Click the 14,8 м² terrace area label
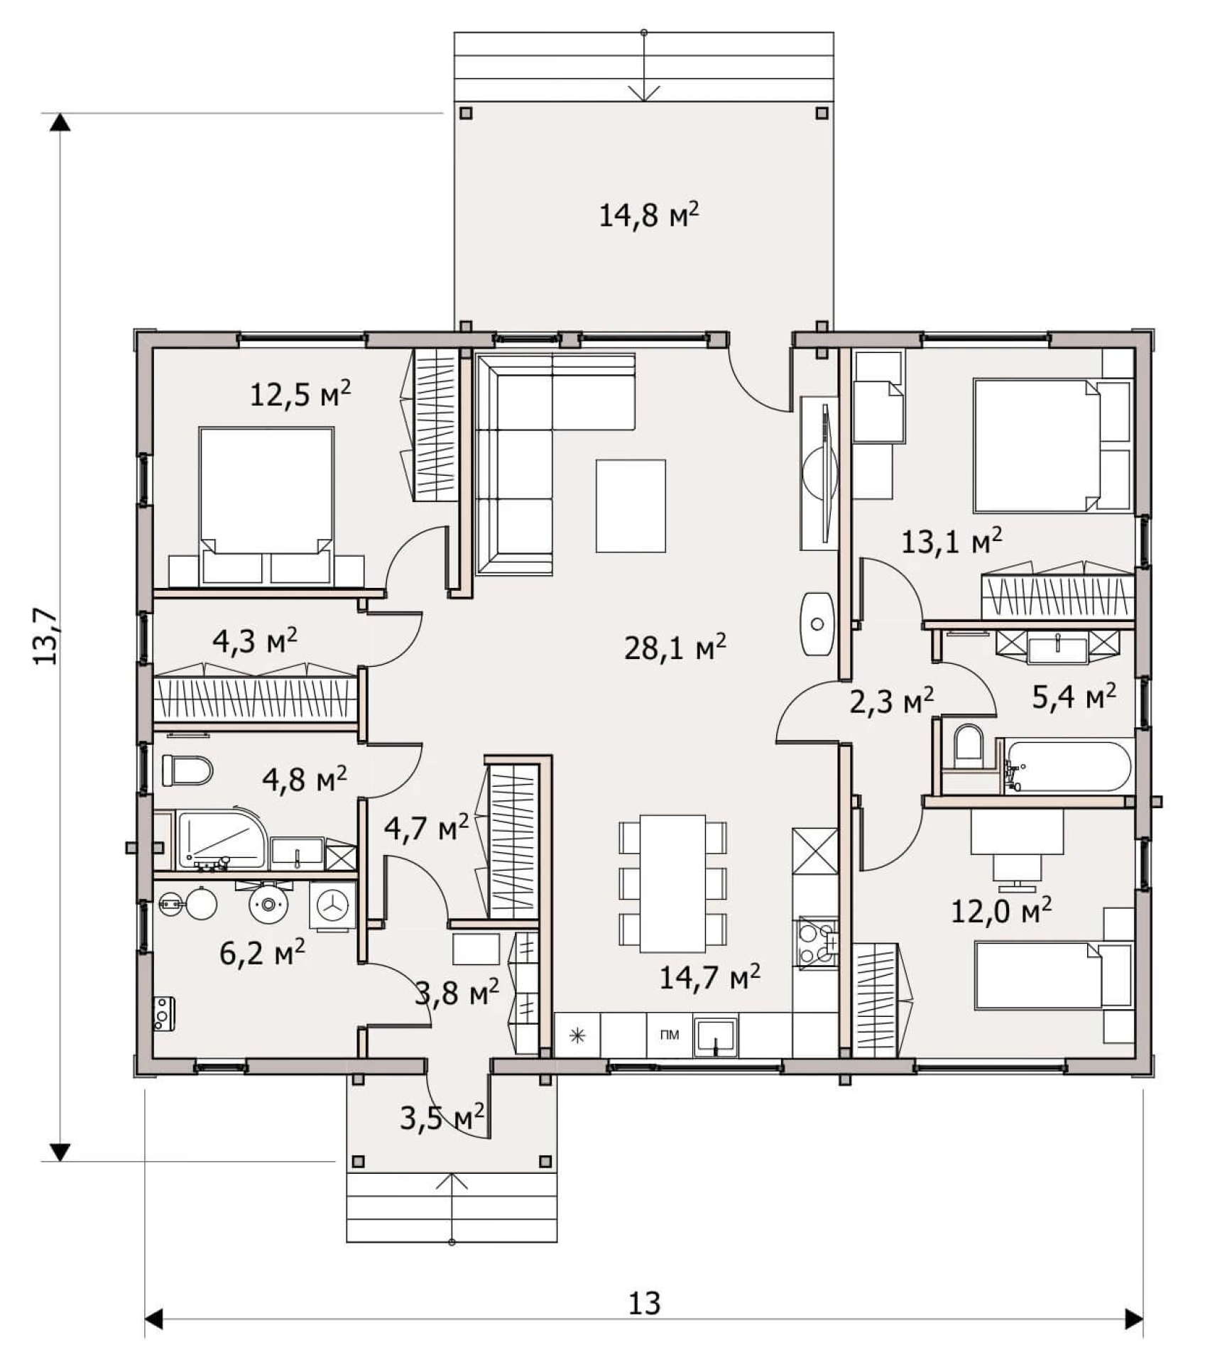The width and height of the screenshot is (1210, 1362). [x=649, y=214]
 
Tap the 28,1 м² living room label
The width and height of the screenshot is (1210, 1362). [x=675, y=647]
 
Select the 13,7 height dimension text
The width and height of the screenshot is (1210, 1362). [x=45, y=636]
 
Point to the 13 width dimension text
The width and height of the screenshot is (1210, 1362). [x=644, y=1303]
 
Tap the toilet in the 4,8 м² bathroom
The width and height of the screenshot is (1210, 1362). [x=187, y=770]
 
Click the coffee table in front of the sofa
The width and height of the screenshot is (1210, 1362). [x=631, y=506]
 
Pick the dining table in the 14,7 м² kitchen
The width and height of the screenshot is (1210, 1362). [x=672, y=884]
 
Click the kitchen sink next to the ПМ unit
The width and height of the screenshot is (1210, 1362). [x=716, y=1035]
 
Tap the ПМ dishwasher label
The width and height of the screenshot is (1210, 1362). [x=669, y=1035]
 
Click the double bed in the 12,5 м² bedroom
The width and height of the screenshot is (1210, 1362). [x=266, y=506]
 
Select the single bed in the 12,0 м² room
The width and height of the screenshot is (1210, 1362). [x=1054, y=975]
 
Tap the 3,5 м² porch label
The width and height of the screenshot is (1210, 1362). [x=442, y=1118]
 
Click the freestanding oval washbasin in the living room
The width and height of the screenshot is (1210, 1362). [x=817, y=623]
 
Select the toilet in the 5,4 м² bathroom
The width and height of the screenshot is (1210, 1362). [x=966, y=746]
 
